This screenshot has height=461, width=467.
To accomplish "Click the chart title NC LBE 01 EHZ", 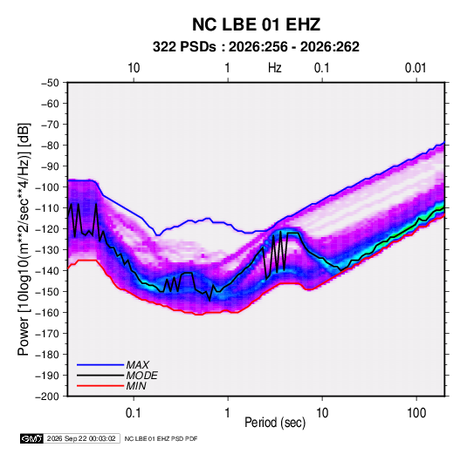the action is (x=256, y=24).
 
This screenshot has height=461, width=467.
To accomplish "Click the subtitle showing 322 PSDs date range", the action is (x=256, y=47).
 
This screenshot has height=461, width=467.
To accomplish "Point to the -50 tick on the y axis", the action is (x=50, y=83).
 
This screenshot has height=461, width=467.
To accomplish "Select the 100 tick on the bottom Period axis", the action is (x=416, y=413).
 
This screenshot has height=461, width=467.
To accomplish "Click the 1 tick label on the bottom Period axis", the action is (x=228, y=413).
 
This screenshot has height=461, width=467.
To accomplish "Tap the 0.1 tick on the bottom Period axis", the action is (x=134, y=413).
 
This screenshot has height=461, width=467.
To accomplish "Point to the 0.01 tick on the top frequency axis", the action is (x=415, y=68).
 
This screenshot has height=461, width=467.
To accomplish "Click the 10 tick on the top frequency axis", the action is (x=134, y=68).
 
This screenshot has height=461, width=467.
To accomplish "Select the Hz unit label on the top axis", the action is (x=275, y=68).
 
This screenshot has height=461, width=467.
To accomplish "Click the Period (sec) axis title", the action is (x=275, y=423).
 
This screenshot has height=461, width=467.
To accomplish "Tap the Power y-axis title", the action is (x=24, y=240).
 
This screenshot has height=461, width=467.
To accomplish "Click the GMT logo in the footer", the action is (x=31, y=438).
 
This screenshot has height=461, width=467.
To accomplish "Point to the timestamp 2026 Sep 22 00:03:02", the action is (x=81, y=438).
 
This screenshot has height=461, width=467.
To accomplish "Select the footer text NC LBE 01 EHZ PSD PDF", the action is (x=161, y=438).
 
